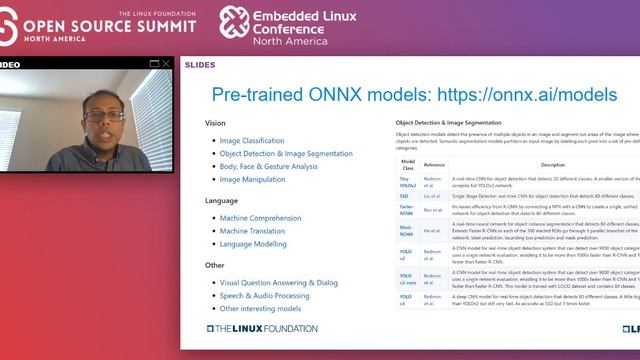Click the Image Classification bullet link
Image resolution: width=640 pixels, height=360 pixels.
[x=252, y=141]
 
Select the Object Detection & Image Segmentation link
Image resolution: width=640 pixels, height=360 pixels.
[x=283, y=154]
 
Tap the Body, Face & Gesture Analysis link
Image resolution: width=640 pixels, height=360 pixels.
[x=268, y=167]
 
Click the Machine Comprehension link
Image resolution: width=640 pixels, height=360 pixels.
[x=259, y=219]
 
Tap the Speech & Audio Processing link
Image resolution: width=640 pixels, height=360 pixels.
[x=265, y=296]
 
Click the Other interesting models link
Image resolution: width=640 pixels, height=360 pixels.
[x=259, y=309]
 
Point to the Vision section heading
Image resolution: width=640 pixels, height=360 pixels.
[x=215, y=123]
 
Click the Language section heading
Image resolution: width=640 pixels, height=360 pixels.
[x=222, y=201]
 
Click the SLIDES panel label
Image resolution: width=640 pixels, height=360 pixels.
[x=201, y=65]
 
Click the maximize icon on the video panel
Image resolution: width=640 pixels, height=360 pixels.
[x=153, y=64]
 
